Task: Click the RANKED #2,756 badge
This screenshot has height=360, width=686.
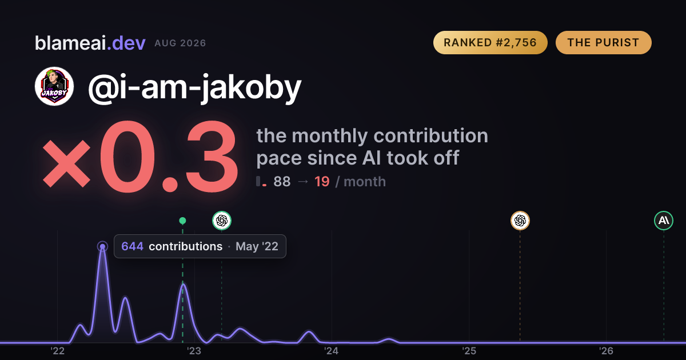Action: (x=490, y=42)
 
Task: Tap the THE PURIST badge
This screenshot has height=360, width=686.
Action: (x=603, y=42)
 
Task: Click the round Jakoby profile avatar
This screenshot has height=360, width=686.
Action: (x=54, y=86)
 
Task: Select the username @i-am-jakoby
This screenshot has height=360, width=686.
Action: (x=195, y=88)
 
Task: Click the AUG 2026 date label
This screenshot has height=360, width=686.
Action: (x=180, y=43)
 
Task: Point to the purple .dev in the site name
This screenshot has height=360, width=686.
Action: (x=126, y=43)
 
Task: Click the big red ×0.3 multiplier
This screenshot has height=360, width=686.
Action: (x=140, y=156)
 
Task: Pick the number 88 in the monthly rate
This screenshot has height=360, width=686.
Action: (x=282, y=182)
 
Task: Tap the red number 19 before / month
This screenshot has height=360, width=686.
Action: (x=322, y=182)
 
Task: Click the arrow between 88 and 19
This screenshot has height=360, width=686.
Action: (x=303, y=182)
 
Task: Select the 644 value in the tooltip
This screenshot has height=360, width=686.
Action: (x=132, y=246)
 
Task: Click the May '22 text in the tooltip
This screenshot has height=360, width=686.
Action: (x=257, y=246)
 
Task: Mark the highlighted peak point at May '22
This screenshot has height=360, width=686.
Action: (x=102, y=246)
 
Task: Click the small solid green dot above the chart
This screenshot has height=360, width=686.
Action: (x=182, y=221)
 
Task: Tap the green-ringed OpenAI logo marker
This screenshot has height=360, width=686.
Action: (x=222, y=221)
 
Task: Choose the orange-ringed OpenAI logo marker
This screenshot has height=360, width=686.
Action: (x=520, y=221)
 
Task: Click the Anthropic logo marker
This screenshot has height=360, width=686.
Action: (x=664, y=221)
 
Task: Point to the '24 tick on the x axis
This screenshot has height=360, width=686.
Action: (x=332, y=351)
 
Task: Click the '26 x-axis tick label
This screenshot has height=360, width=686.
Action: (x=607, y=351)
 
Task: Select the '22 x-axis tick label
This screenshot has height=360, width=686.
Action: (x=57, y=351)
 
